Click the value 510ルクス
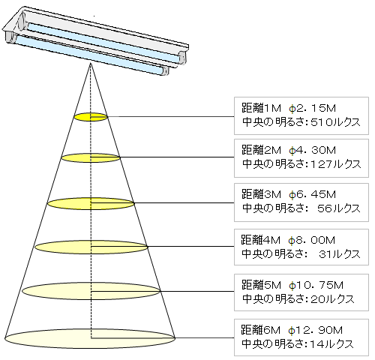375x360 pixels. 335,122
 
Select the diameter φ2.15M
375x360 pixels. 312,109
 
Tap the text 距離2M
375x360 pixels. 261,150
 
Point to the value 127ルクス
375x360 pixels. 336,164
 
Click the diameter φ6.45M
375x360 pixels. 312,194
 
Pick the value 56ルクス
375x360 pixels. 339,208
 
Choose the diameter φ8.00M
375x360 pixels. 311,240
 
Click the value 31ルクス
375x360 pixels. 340,254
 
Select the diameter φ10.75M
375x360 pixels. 316,285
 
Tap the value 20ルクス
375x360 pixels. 332,299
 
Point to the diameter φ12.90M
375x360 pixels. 315,330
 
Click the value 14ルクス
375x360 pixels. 331,344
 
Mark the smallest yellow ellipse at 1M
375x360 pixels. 91,117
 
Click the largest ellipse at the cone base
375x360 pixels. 90,338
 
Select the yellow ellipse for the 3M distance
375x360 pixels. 91,203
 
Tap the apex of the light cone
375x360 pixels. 91,63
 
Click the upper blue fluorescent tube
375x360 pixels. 105,42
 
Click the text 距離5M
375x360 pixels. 261,285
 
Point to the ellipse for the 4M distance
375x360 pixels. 91,247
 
